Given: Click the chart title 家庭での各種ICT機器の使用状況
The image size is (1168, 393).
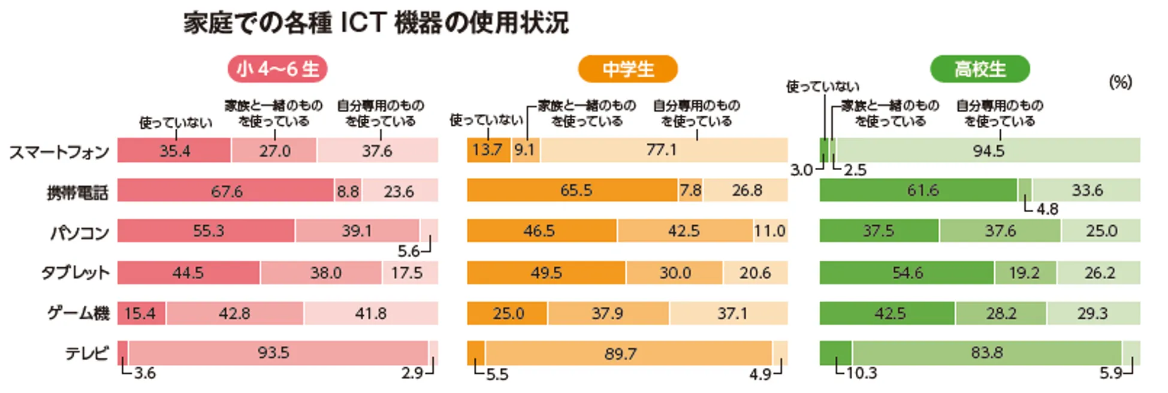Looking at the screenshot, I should [x=376, y=23].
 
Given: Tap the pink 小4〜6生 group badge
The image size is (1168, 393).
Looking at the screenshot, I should [x=277, y=69].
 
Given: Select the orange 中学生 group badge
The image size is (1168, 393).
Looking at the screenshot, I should [x=627, y=69].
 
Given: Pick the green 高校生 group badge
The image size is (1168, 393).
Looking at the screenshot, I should [x=979, y=69].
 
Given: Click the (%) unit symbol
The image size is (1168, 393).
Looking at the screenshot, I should [x=1120, y=82].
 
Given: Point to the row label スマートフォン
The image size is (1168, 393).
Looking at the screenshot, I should [x=59, y=152].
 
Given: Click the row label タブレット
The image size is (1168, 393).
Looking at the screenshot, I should [x=75, y=273].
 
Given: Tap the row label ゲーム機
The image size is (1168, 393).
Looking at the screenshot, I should [x=78, y=313].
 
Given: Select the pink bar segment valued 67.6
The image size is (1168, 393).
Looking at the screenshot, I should [x=226, y=191].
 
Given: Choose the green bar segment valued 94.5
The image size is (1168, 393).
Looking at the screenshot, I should [x=988, y=150].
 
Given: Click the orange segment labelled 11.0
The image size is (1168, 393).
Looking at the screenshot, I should [x=769, y=231].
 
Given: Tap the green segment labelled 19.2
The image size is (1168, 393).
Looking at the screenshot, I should [x=1024, y=273].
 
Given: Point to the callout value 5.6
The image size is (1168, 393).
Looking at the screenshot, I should [x=408, y=251].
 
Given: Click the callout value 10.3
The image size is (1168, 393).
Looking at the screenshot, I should [x=861, y=373].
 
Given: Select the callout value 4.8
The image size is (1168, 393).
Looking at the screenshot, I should [x=1047, y=209].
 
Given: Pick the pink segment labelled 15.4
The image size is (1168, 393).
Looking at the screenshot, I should [x=140, y=313].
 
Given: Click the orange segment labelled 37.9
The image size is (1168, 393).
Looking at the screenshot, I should [x=607, y=313].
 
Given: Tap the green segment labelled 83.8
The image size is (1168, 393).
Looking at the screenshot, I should [x=986, y=353].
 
